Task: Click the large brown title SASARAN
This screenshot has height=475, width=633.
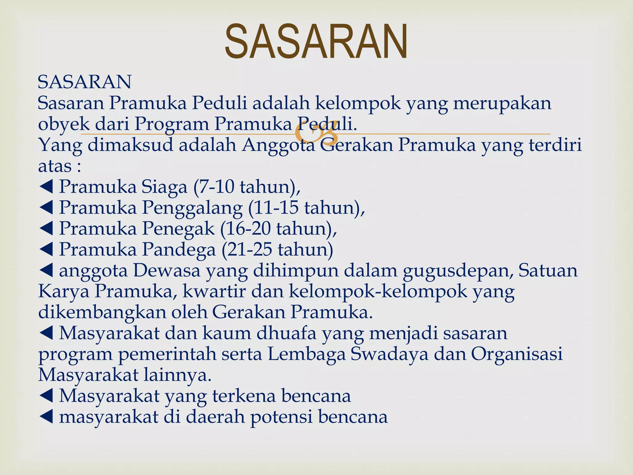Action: tap(316, 42)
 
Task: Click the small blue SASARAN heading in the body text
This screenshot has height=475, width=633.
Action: tap(84, 82)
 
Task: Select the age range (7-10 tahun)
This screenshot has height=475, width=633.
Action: tap(247, 187)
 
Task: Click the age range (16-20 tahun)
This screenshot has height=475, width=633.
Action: tap(278, 229)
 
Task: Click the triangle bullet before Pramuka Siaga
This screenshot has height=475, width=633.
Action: tap(47, 187)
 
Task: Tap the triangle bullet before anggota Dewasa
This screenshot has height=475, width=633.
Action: tap(47, 271)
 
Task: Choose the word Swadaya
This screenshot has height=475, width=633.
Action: tap(389, 354)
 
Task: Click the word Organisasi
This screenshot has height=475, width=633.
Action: tap(516, 354)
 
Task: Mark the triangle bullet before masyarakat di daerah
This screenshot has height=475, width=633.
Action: tap(47, 417)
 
